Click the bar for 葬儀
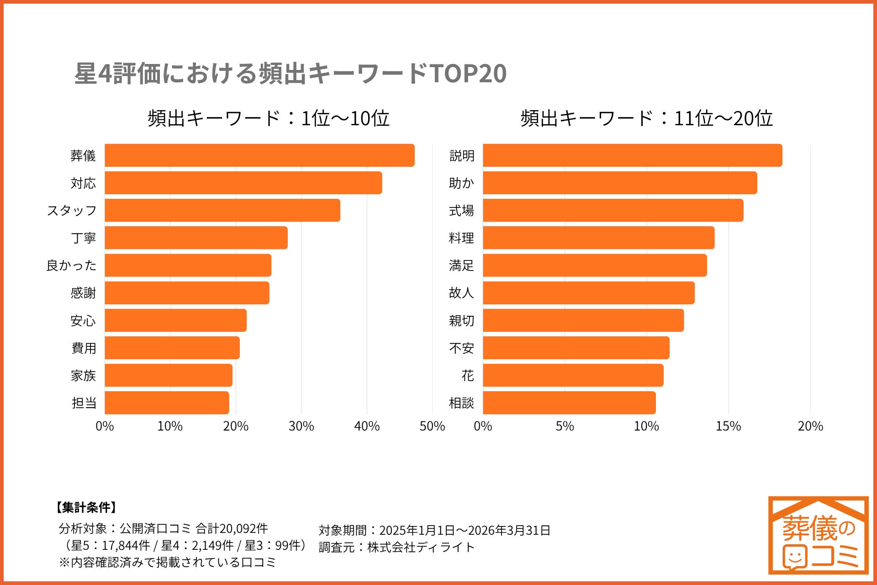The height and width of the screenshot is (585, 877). [x=259, y=155]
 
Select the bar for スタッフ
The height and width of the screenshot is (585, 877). [x=222, y=210]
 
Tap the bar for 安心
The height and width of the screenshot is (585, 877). [x=175, y=320]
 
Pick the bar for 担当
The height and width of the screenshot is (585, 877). [x=167, y=403]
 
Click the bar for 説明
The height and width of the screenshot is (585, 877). [x=632, y=155]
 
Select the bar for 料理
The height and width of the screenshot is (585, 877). [x=598, y=238]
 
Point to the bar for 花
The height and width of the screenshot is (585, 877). [x=573, y=375]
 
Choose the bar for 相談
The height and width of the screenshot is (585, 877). [x=569, y=403]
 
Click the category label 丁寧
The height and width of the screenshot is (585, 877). [x=83, y=238]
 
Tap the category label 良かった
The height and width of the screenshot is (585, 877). [x=71, y=266]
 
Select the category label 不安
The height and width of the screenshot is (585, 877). [x=461, y=348]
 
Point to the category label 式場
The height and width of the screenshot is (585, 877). [x=461, y=211]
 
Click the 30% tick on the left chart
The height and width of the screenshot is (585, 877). [x=301, y=426]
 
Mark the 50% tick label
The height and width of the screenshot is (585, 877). [x=432, y=426]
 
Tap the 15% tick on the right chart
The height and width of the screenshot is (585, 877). [x=728, y=426]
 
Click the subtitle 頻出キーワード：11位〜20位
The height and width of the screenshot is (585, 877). [x=646, y=118]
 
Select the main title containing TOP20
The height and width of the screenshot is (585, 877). [x=291, y=73]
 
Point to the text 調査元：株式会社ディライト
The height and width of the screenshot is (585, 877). [x=396, y=547]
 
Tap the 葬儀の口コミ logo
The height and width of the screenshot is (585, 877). [x=818, y=535]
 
